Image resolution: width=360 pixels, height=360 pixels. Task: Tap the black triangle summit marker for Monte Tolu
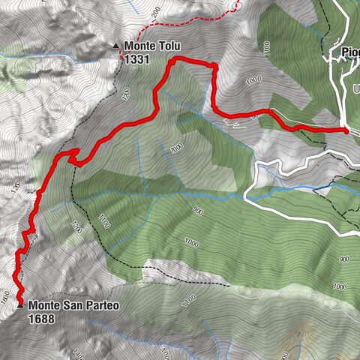[115, 46]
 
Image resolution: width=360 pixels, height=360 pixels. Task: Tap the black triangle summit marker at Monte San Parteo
[19, 305]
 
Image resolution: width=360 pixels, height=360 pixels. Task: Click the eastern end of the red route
[346, 130]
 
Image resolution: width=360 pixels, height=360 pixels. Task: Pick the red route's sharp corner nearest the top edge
[172, 64]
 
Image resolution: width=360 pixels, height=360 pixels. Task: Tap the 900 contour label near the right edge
[344, 259]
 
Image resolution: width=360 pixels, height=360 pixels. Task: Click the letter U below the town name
[355, 88]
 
